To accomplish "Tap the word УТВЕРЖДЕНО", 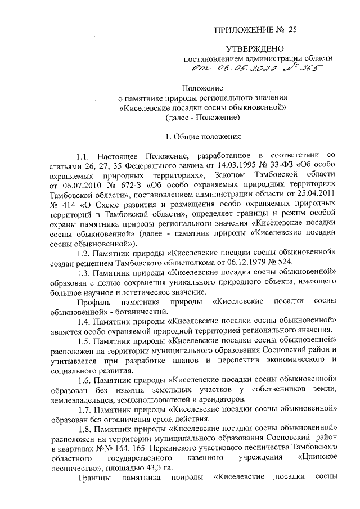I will click(x=259, y=49).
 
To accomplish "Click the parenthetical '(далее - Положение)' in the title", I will click(x=203, y=118).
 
